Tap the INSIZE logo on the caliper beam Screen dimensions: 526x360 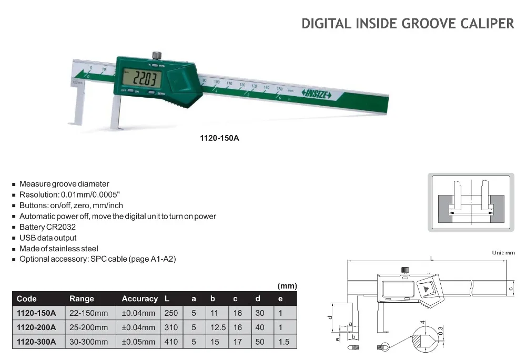pyautogui.click(x=316, y=94)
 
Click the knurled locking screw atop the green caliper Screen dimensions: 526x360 pyautogui.click(x=157, y=55)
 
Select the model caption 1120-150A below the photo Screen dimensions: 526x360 pyautogui.click(x=219, y=138)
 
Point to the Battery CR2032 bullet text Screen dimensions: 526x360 pyautogui.click(x=48, y=227)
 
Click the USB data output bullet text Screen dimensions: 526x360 pyautogui.click(x=48, y=238)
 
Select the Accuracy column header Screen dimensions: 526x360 pyautogui.click(x=139, y=299)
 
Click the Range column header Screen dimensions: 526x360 pyautogui.click(x=82, y=299)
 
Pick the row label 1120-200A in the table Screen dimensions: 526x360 pyautogui.click(x=36, y=327)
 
